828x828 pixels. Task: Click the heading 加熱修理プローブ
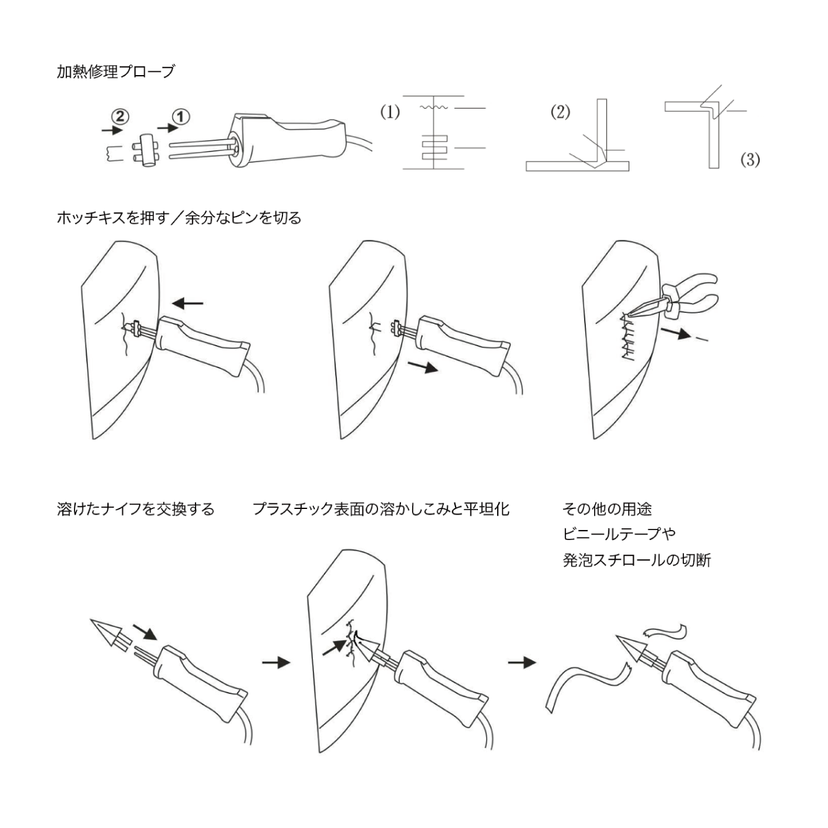pyautogui.click(x=115, y=72)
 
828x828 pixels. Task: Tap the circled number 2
pyautogui.click(x=120, y=116)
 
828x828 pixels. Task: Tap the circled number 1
pyautogui.click(x=181, y=116)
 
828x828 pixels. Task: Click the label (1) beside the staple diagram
pyautogui.click(x=390, y=112)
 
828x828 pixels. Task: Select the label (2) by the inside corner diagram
pyautogui.click(x=560, y=112)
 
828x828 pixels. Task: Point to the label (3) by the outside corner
pyautogui.click(x=750, y=160)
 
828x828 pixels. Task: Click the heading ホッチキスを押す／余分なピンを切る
pyautogui.click(x=179, y=218)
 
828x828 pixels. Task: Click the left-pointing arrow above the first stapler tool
pyautogui.click(x=187, y=303)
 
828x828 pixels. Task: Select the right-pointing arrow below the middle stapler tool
pyautogui.click(x=423, y=367)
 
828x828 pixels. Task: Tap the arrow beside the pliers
pyautogui.click(x=676, y=333)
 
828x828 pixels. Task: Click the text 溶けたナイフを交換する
pyautogui.click(x=135, y=510)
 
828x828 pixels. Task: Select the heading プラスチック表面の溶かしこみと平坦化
pyautogui.click(x=380, y=510)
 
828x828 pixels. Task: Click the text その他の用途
pyautogui.click(x=606, y=510)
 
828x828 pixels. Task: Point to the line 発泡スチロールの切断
pyautogui.click(x=636, y=560)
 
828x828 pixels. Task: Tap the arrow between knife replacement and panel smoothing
pyautogui.click(x=276, y=662)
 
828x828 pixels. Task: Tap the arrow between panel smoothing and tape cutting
pyautogui.click(x=521, y=662)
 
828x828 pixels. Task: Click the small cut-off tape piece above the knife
pyautogui.click(x=664, y=632)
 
